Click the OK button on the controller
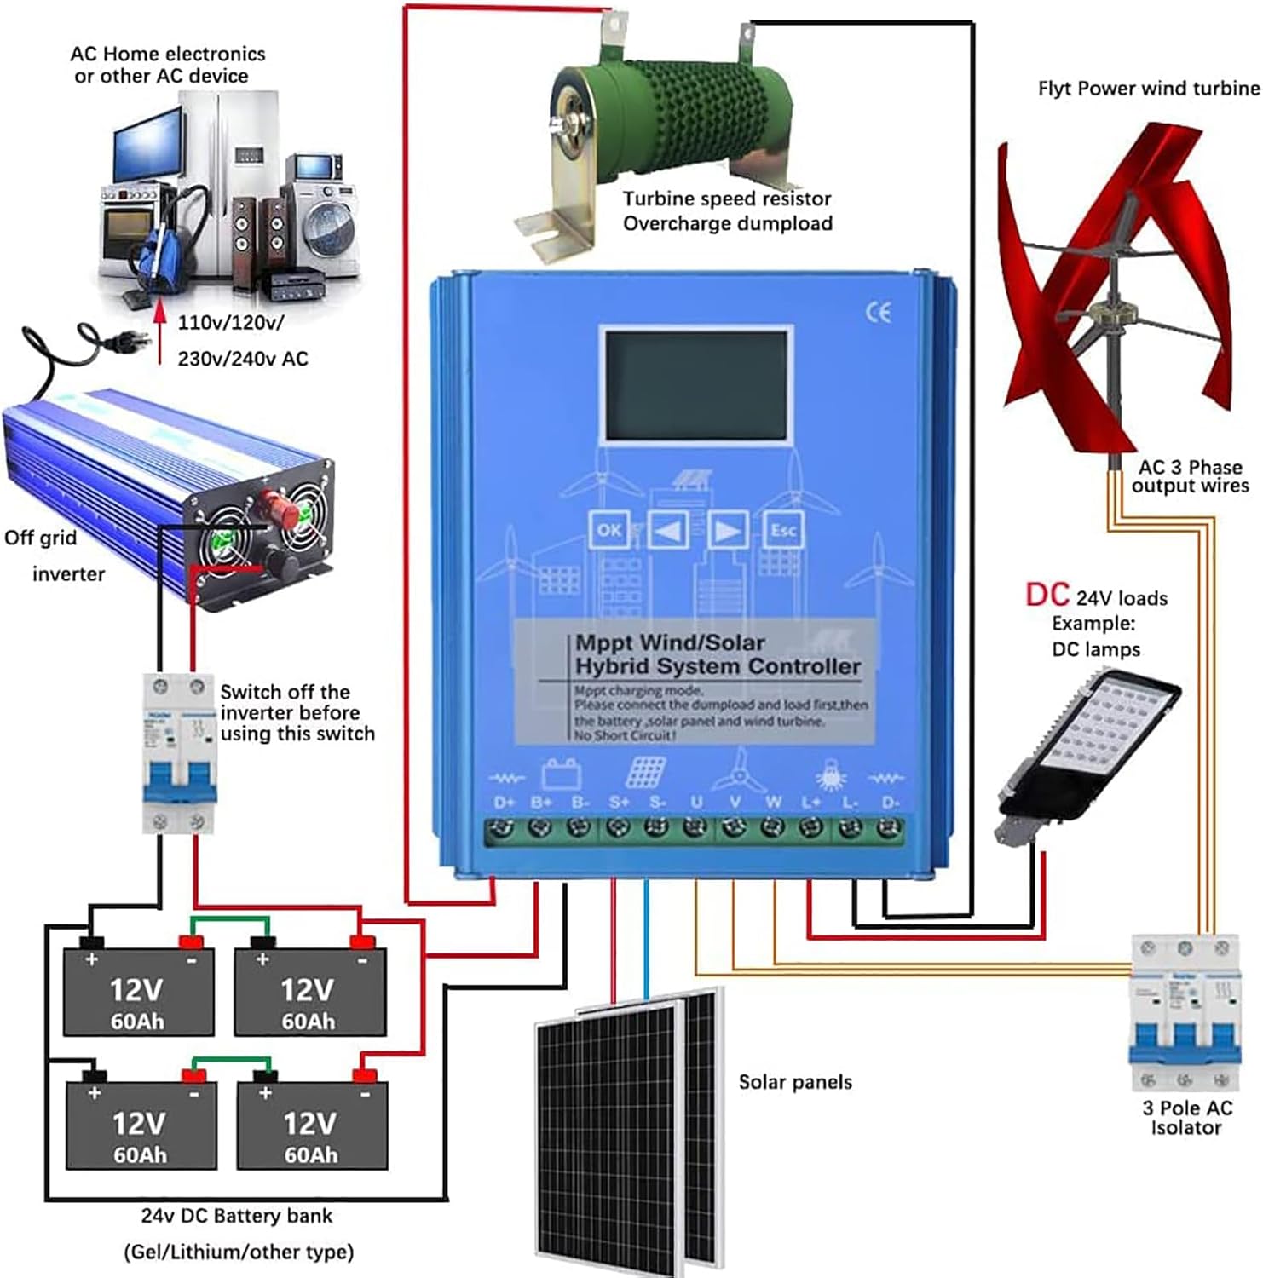(608, 530)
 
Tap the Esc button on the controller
(782, 530)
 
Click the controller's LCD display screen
(696, 384)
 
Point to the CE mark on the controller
(879, 312)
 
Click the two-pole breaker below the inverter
(178, 752)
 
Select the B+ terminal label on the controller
(541, 803)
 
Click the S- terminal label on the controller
(657, 803)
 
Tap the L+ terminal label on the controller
(811, 803)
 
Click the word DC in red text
(1047, 595)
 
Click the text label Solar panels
(794, 1082)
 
